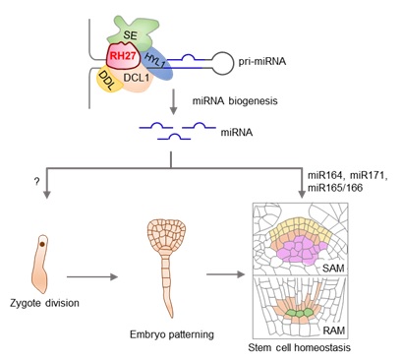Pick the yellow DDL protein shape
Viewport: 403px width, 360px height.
point(111,77)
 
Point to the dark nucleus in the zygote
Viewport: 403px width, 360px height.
point(40,239)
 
